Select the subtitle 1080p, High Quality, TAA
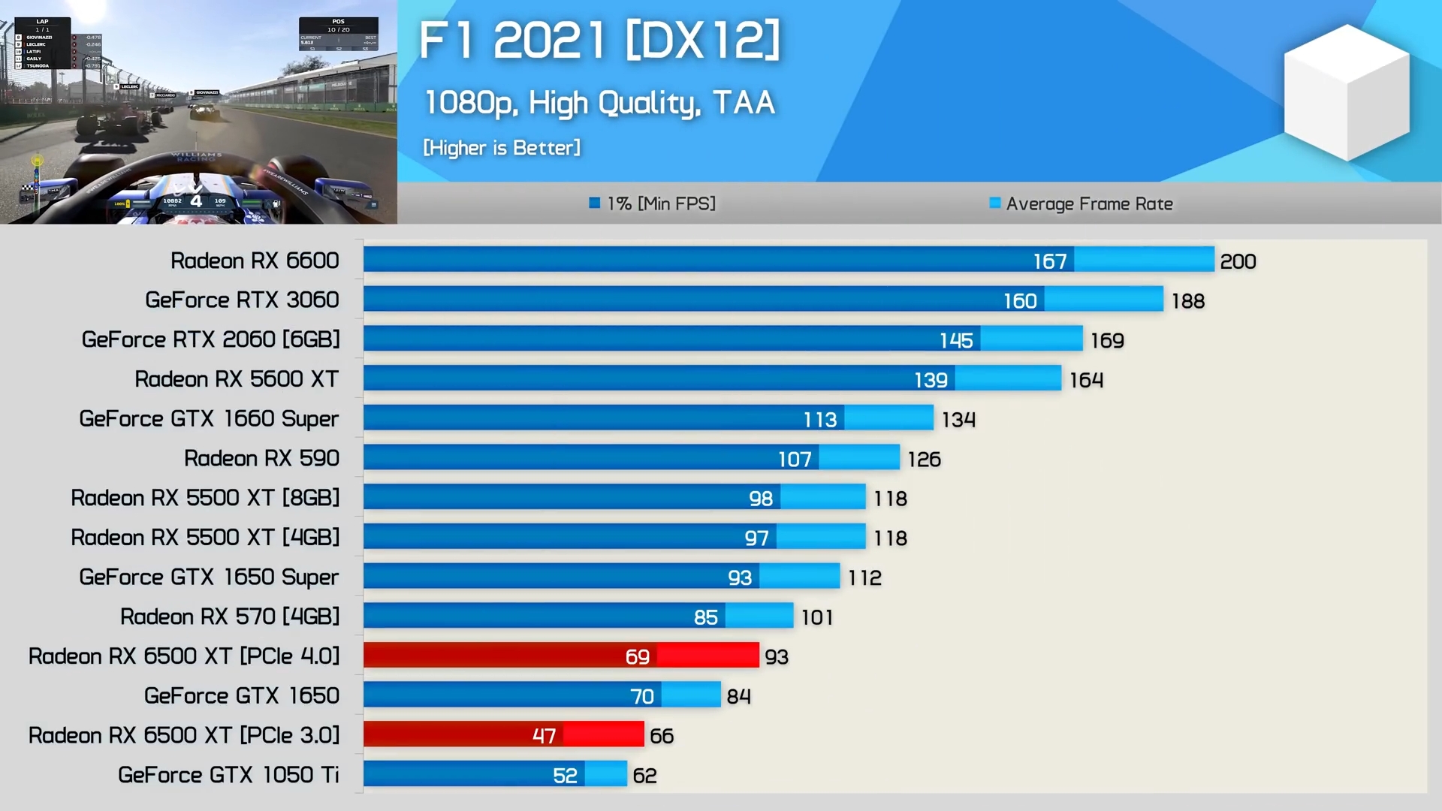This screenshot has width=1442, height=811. pos(599,103)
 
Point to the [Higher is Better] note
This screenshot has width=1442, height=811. pos(502,148)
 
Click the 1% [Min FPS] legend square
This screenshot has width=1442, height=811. pos(595,203)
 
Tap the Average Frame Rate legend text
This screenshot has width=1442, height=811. pos(1089,204)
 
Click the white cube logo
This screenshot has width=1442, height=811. pos(1347,92)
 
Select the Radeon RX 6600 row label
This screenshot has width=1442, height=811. pos(255,261)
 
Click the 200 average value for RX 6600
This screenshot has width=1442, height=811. pos(1238,261)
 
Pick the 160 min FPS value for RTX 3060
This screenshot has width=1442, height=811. pos(1020,301)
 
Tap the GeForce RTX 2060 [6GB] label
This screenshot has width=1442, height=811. pos(211,339)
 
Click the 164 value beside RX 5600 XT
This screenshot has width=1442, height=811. pos(1086,380)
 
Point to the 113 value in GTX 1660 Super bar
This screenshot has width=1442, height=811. pos(820,420)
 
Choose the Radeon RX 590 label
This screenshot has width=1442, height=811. pos(261,458)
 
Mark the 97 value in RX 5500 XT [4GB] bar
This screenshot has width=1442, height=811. pos(756,538)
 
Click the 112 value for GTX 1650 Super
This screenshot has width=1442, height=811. pos(864,577)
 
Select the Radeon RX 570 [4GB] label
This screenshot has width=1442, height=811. pos(230,617)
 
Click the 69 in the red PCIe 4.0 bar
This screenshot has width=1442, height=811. pos(637,657)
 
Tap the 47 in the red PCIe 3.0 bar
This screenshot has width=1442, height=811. pos(544,736)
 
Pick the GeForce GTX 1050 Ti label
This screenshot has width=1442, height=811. pos(228,775)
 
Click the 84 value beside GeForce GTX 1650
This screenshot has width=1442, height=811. pos(738,696)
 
